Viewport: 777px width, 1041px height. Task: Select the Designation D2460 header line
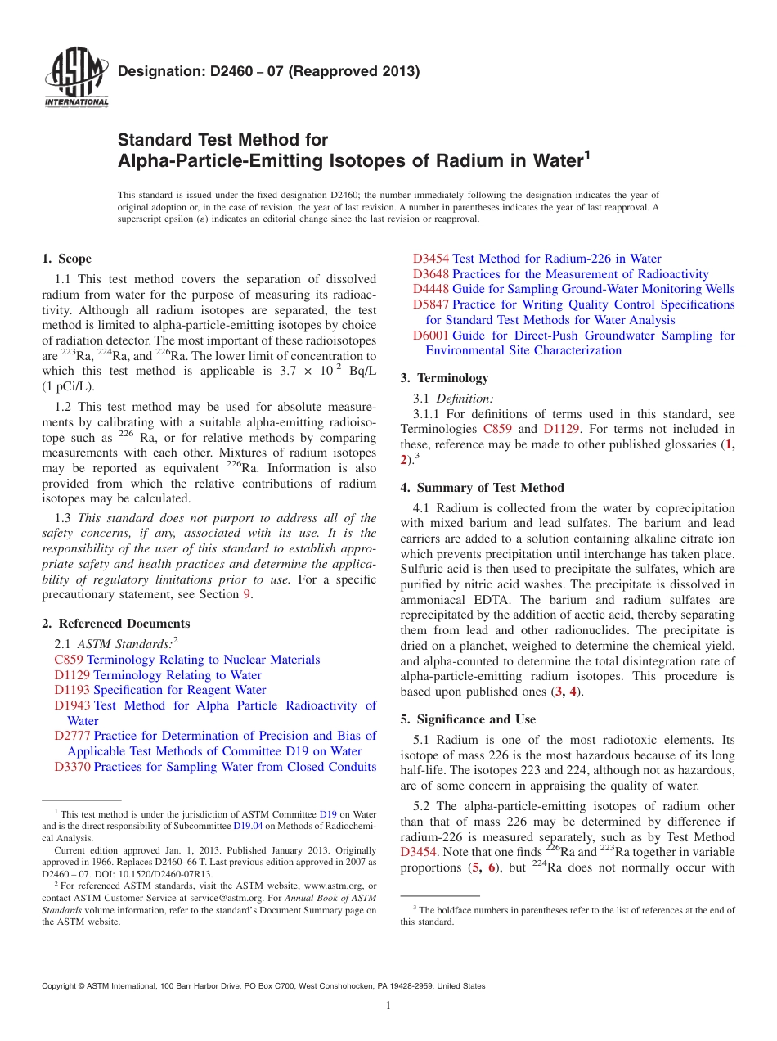[x=268, y=71]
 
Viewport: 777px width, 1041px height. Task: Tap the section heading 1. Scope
[x=66, y=259]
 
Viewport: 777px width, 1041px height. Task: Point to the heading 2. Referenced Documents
[x=115, y=624]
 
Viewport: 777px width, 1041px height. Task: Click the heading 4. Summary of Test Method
[x=482, y=488]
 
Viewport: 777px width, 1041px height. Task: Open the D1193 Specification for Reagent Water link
[x=159, y=690]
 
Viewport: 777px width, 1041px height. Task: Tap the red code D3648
[x=431, y=274]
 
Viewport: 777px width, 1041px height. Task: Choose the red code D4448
[x=431, y=289]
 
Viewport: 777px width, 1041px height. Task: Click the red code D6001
[x=431, y=336]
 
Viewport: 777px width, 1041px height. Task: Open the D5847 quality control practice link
[x=573, y=304]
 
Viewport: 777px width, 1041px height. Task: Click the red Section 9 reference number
[x=248, y=595]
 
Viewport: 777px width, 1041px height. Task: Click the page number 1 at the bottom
[x=388, y=1007]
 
